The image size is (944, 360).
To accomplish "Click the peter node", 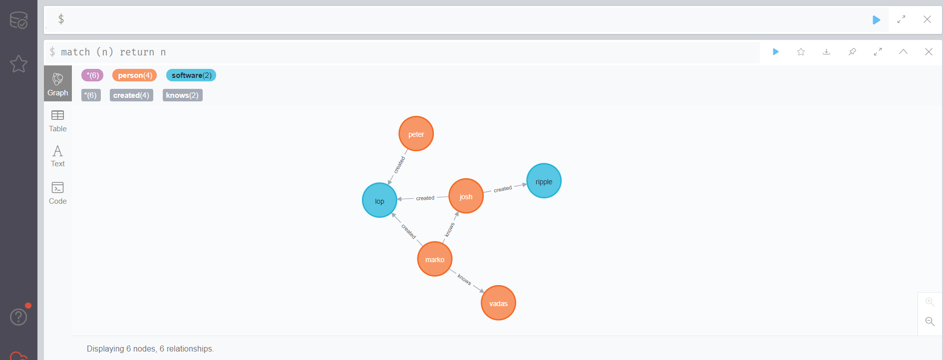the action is click(x=416, y=134).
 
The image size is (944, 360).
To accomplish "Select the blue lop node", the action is click(x=379, y=201).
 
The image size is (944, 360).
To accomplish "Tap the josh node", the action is click(x=466, y=196).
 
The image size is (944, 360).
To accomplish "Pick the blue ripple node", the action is click(x=544, y=181).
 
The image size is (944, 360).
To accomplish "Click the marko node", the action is click(x=434, y=259).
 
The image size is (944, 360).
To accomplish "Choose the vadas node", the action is click(x=498, y=303).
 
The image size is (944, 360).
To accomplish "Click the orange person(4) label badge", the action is click(x=135, y=75).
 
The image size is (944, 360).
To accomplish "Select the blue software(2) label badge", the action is click(x=191, y=75).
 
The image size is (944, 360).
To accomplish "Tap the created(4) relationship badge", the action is click(x=131, y=95).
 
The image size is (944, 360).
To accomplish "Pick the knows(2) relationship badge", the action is click(x=182, y=95).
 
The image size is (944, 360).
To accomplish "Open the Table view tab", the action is click(x=58, y=121).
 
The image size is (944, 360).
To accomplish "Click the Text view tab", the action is click(x=58, y=156).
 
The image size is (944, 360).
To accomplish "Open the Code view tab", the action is click(x=58, y=193).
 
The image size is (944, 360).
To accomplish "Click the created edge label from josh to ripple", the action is click(x=503, y=189).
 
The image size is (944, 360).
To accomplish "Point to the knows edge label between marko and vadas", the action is click(x=464, y=280).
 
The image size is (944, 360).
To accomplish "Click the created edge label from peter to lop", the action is click(x=399, y=165).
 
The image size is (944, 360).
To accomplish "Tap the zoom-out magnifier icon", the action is click(x=930, y=322).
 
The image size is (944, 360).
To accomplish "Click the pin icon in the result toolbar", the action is click(x=852, y=52).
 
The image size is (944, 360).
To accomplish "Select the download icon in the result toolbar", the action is click(x=827, y=52).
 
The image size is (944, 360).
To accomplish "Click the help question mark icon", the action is click(x=18, y=317).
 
